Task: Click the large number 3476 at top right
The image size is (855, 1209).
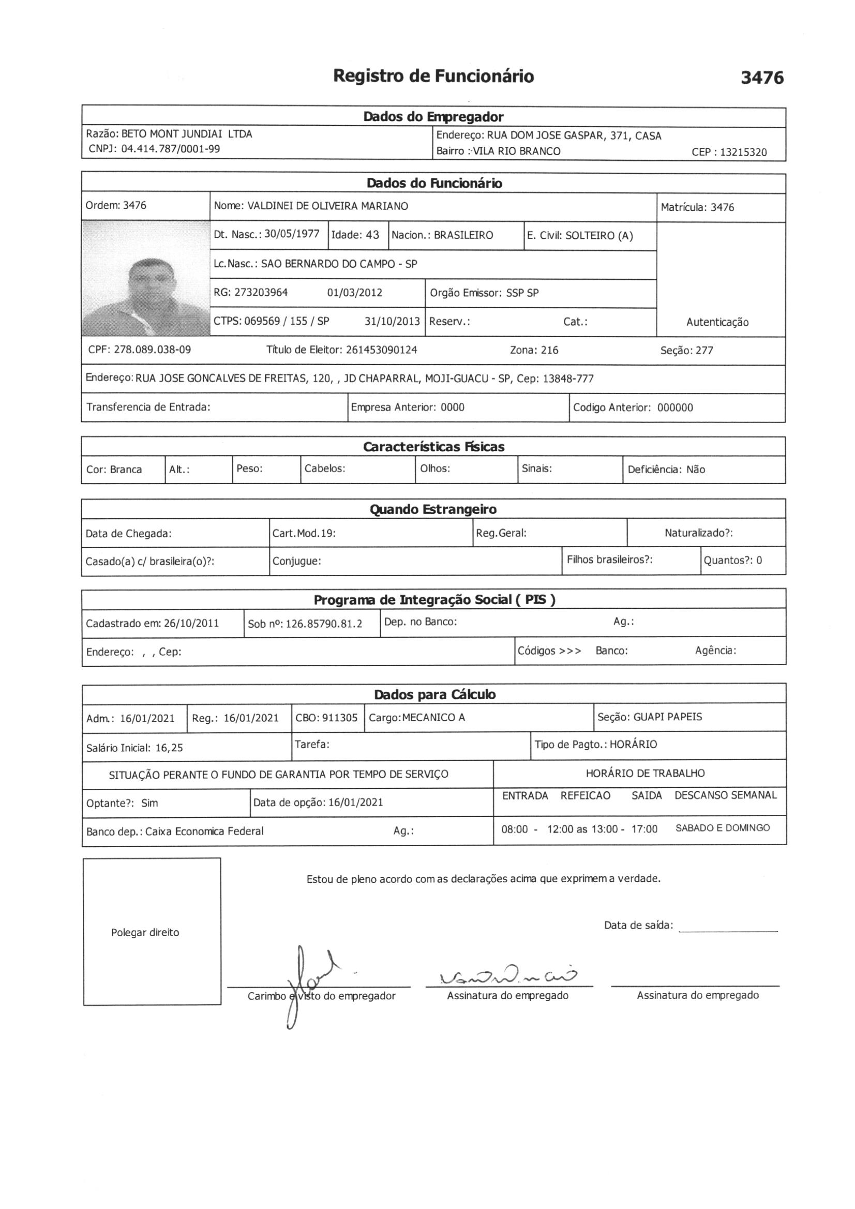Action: [762, 78]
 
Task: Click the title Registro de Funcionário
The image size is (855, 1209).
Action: [433, 77]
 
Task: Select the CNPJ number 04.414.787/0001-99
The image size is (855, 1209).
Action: [170, 149]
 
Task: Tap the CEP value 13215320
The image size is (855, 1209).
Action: [743, 153]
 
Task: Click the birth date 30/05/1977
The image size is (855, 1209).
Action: [292, 234]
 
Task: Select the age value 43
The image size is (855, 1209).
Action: [372, 235]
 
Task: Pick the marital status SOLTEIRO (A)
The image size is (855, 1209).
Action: [599, 236]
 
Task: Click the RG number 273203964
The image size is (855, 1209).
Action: [261, 293]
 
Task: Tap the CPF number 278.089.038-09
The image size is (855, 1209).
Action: [152, 350]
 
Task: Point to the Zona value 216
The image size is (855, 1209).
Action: [548, 350]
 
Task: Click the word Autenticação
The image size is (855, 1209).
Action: [717, 322]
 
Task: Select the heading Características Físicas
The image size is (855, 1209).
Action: [433, 447]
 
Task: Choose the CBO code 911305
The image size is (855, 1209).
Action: [340, 718]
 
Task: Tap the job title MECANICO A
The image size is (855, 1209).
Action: [433, 718]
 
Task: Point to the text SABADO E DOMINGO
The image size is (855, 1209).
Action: [722, 828]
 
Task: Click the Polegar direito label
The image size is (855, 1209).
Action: [145, 932]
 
